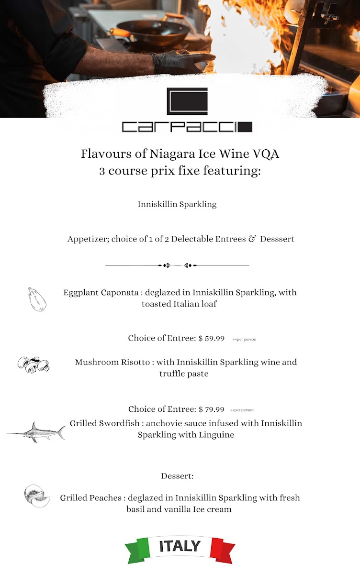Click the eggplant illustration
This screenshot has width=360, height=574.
36,300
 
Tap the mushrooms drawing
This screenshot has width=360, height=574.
33,365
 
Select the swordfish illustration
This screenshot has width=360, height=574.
36,432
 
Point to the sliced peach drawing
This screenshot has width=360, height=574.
37,496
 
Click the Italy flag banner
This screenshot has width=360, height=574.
180,549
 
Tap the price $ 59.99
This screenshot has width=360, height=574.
211,338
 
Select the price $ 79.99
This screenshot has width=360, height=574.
211,409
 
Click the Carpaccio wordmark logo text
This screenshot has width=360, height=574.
187,127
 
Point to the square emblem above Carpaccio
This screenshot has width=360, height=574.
187,101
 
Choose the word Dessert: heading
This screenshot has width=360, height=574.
177,476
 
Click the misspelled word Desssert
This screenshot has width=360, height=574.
277,239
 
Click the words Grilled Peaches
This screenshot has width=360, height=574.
90,498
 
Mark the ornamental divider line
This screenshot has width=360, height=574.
177,265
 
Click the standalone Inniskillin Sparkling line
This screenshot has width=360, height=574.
177,204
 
